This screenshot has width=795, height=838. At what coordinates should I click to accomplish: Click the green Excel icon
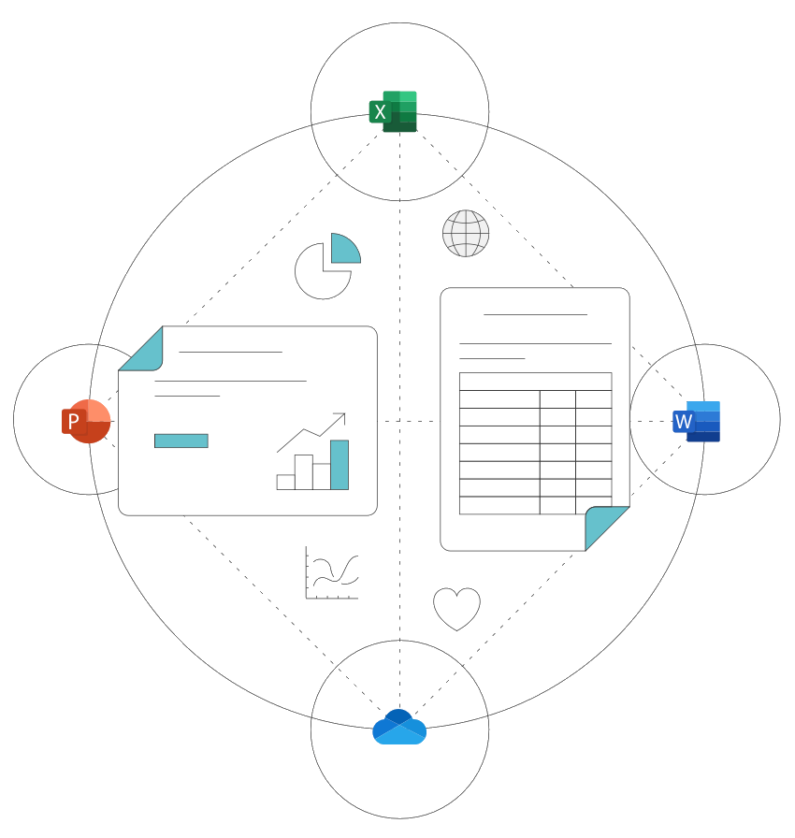click(x=393, y=111)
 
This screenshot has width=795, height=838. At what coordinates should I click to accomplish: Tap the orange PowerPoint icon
click(x=86, y=421)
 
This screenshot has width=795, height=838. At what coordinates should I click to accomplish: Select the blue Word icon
click(x=696, y=421)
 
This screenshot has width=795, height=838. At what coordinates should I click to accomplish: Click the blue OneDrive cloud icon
click(x=399, y=727)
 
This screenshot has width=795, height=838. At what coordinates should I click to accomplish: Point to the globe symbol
click(x=466, y=233)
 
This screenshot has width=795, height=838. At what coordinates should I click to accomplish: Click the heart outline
click(x=456, y=609)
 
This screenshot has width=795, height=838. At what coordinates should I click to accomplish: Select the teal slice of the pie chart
click(x=343, y=250)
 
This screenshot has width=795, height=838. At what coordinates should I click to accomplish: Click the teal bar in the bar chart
click(x=340, y=465)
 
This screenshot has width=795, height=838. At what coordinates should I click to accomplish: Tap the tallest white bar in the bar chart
click(x=303, y=472)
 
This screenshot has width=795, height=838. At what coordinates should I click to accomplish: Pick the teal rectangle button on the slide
click(x=181, y=441)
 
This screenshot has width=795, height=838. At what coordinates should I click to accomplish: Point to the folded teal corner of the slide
click(x=142, y=351)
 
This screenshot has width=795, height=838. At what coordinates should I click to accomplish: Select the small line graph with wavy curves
click(x=331, y=572)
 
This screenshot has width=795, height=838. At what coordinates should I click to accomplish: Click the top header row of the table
click(x=535, y=382)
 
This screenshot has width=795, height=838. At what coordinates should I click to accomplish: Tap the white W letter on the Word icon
click(x=684, y=421)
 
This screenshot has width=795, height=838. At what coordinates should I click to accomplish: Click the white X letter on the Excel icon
click(x=380, y=111)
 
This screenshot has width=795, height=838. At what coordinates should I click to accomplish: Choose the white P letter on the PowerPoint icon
click(x=74, y=422)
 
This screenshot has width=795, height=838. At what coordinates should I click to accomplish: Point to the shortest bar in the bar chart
click(x=285, y=482)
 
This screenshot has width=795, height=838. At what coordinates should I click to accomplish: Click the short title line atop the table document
click(x=535, y=314)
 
